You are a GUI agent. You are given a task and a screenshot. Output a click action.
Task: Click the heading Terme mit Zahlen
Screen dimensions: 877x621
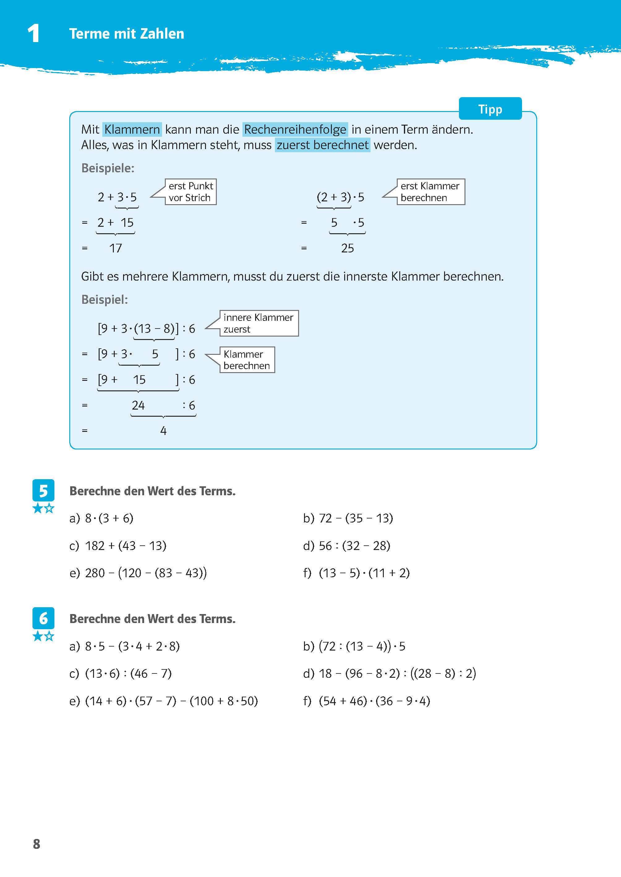point(126,34)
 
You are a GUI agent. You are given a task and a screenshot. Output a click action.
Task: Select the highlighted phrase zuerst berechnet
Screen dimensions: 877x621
point(322,145)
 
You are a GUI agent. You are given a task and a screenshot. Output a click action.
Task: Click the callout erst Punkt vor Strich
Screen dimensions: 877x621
point(191,191)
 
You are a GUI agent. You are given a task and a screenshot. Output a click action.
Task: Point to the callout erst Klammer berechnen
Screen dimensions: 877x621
point(430,191)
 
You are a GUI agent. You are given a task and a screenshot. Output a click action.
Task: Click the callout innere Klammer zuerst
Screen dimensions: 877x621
point(259,323)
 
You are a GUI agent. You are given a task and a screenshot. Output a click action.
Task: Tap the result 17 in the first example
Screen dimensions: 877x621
point(115,248)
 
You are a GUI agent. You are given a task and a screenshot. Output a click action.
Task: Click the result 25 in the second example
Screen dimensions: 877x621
point(347,248)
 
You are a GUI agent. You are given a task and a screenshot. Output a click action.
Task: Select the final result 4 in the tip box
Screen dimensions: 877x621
point(163,431)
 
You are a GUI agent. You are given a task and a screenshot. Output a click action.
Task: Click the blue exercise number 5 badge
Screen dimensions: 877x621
point(43,490)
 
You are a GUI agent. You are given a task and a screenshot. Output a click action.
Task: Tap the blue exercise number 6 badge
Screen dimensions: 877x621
point(43,618)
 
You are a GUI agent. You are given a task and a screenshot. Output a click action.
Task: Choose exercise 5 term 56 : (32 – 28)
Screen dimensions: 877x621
point(354,546)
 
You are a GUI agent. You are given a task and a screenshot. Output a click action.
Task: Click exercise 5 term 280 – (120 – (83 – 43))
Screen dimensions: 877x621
point(145,573)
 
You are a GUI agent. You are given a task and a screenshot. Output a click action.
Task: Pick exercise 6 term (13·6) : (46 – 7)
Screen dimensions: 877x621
point(128,673)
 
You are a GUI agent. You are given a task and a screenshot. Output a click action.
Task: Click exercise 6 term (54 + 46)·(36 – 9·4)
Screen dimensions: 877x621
point(374,701)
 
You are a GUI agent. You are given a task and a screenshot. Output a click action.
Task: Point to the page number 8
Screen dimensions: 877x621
point(37,844)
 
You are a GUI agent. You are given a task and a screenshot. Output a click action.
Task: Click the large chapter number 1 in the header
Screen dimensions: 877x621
point(34,33)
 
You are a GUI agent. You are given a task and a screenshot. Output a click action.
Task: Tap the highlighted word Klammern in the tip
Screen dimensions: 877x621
point(132,129)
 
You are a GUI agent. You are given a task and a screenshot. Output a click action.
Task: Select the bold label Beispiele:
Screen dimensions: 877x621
point(108,168)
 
